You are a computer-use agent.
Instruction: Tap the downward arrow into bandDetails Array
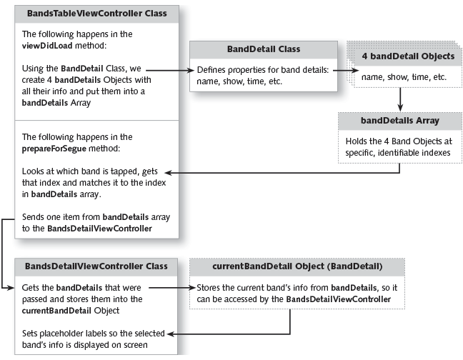click(400, 99)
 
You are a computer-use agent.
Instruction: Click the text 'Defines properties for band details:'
click(262, 71)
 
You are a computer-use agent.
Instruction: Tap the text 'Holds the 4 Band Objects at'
click(400, 141)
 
